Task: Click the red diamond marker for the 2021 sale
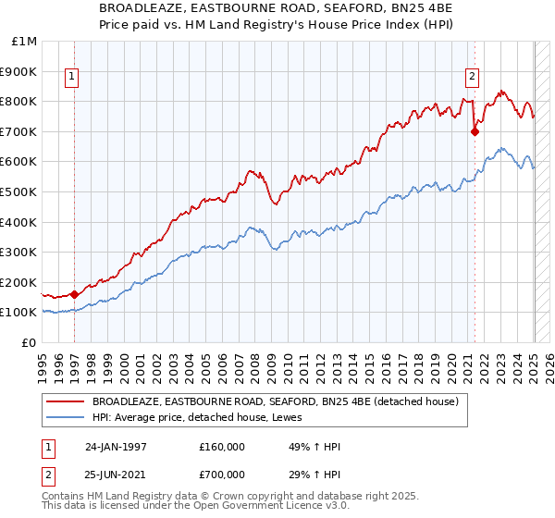(x=475, y=131)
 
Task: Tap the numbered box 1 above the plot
(x=72, y=78)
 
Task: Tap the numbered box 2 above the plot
(x=472, y=77)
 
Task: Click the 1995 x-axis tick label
(x=43, y=363)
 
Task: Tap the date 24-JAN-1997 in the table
(x=116, y=447)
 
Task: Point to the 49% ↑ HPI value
(x=304, y=447)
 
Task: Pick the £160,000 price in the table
(x=221, y=447)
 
